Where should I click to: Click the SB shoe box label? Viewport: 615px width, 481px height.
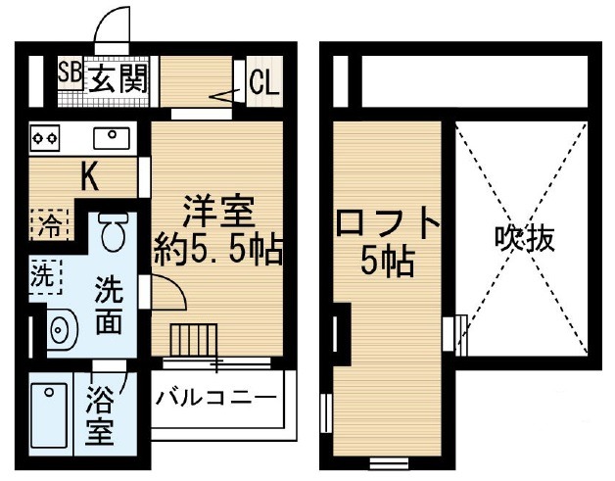(x=70, y=72)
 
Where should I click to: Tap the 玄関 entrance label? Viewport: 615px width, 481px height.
(x=118, y=78)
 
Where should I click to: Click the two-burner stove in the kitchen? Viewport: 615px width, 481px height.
(x=45, y=138)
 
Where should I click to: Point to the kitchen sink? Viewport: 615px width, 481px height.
(x=112, y=138)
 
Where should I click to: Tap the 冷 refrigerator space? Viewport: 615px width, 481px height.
(x=50, y=225)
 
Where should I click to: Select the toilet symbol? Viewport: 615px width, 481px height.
(x=114, y=232)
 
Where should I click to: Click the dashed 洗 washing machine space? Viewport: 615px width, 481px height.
(x=45, y=276)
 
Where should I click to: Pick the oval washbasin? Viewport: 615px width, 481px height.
(x=63, y=328)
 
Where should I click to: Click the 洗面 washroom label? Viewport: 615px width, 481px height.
(x=109, y=306)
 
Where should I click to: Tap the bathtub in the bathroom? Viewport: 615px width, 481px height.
(x=49, y=415)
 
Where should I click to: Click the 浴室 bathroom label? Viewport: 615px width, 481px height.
(x=100, y=415)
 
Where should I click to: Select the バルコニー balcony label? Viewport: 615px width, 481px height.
(x=216, y=399)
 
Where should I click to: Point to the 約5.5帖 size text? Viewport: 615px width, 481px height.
(x=218, y=251)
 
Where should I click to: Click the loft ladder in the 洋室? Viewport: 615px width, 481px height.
(x=194, y=341)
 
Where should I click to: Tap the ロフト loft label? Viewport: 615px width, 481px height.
(x=388, y=224)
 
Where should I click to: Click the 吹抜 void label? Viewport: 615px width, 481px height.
(x=525, y=238)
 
